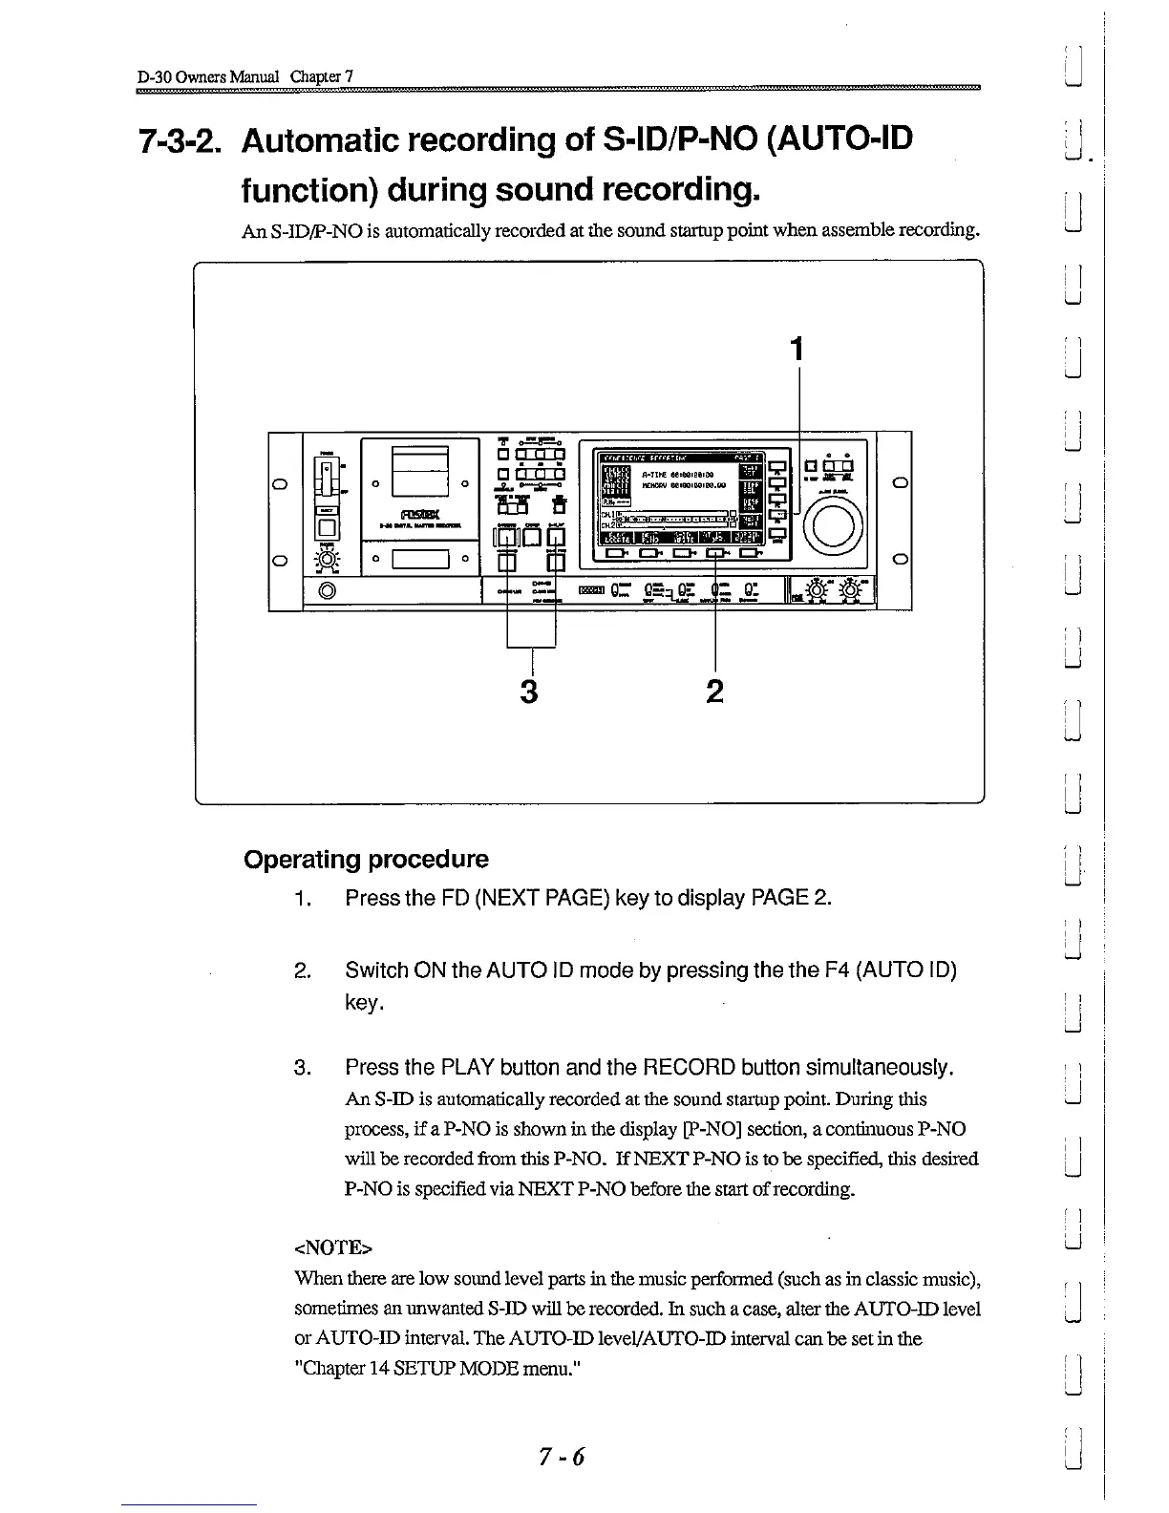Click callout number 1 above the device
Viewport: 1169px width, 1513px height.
[797, 351]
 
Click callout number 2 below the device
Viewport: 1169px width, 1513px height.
[714, 691]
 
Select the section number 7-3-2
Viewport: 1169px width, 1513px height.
[181, 140]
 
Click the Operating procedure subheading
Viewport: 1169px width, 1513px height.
[366, 859]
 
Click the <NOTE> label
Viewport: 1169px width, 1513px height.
[333, 1247]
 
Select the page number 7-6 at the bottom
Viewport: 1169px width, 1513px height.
[562, 1456]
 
